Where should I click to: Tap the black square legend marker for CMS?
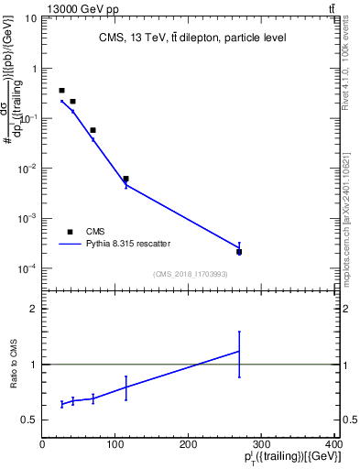[70, 232]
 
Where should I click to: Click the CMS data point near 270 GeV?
[239, 251]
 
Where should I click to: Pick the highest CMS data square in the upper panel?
[61, 91]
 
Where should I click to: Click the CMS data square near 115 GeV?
[125, 179]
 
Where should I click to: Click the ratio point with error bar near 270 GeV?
[239, 351]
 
